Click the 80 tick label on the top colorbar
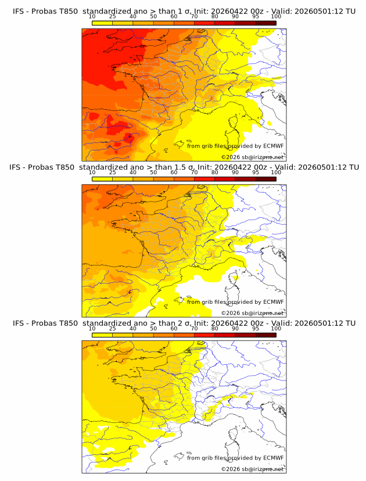[x=215, y=16]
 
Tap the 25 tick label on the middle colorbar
[x=113, y=173]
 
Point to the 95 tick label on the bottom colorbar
[x=256, y=328]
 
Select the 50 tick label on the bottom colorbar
[x=153, y=328]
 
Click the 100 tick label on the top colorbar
[x=276, y=16]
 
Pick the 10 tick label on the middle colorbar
[x=92, y=173]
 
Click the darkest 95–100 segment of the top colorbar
[x=265, y=23]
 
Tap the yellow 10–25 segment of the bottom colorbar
[x=102, y=335]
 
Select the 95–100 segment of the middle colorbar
[x=265, y=179]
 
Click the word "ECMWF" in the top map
[x=273, y=146]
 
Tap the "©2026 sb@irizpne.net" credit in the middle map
[x=253, y=313]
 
